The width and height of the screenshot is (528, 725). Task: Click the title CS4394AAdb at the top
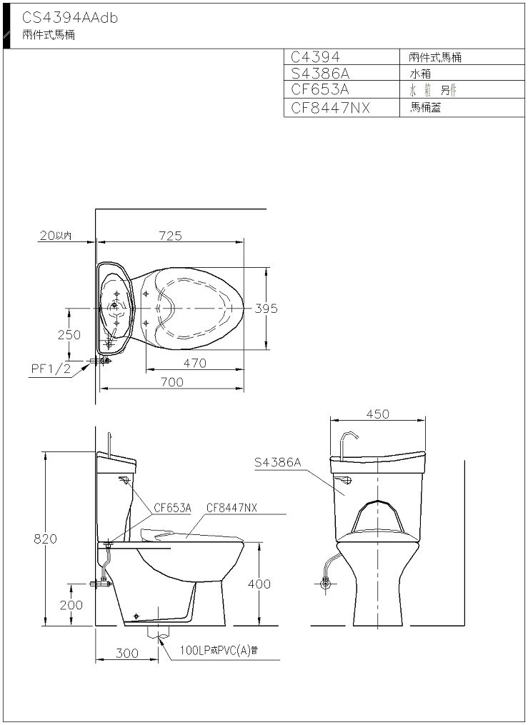70,18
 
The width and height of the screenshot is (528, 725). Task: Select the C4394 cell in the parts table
315,57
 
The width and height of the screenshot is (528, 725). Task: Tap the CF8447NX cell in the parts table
331,108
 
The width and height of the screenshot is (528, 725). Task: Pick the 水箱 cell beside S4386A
420,74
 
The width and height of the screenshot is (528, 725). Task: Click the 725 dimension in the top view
171,235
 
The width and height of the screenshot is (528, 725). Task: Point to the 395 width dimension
266,309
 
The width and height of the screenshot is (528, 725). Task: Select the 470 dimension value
194,364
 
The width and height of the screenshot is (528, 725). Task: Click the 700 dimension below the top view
171,382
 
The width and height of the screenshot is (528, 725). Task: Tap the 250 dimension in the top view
69,334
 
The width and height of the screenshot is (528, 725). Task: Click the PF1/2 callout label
51,369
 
